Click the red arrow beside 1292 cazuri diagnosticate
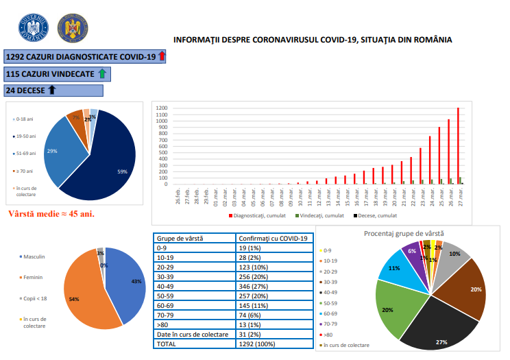pyautogui.click(x=162, y=57)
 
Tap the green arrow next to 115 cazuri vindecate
pyautogui.click(x=101, y=73)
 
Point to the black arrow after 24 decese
pyautogui.click(x=51, y=90)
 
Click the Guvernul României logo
pyautogui.click(x=33, y=27)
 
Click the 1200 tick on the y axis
pyautogui.click(x=160, y=108)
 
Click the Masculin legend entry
pyautogui.click(x=34, y=256)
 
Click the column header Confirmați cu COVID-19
pyautogui.click(x=253, y=239)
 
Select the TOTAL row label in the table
pyautogui.click(x=167, y=343)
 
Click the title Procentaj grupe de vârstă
pyautogui.click(x=409, y=234)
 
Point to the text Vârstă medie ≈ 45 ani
pyautogui.click(x=51, y=213)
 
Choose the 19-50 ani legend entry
pyautogui.click(x=26, y=136)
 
